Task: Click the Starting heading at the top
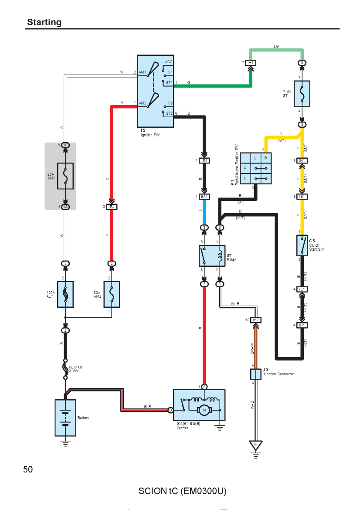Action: [x=44, y=22]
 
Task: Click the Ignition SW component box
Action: [x=156, y=91]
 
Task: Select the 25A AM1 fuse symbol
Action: [x=65, y=176]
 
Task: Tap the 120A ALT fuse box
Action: [x=65, y=294]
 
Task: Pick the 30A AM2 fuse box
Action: [x=112, y=294]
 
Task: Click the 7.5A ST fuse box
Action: [x=302, y=94]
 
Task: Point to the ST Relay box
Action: [x=212, y=256]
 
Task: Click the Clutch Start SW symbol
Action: [x=302, y=245]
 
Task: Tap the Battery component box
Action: [x=65, y=418]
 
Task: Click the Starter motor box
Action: [x=199, y=405]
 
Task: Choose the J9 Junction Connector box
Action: [x=255, y=374]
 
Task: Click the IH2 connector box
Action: [x=256, y=320]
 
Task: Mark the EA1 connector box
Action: [x=204, y=197]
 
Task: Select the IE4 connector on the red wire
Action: [x=112, y=207]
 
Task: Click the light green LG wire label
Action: [x=276, y=46]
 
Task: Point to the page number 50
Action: [x=28, y=469]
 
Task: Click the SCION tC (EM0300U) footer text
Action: [x=183, y=491]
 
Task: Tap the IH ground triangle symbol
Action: [x=255, y=445]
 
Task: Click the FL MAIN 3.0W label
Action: [x=76, y=369]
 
